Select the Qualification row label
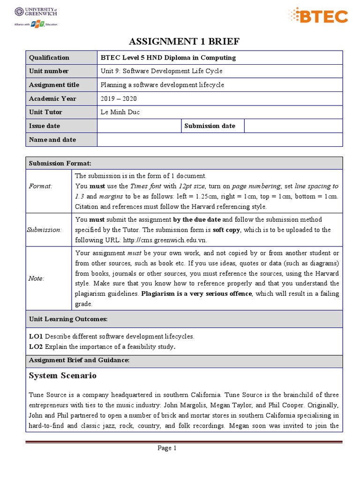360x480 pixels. [49, 58]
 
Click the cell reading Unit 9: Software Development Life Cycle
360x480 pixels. [162, 71]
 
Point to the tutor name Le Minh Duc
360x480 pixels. [120, 112]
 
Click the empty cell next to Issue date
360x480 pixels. [139, 126]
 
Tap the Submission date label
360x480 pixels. [210, 126]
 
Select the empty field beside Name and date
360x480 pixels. [219, 140]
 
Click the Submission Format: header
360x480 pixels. [60, 163]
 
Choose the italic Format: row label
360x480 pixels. [40, 186]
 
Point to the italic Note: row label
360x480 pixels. [37, 278]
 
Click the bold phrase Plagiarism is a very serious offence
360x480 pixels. [197, 293]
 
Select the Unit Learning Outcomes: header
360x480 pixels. [68, 319]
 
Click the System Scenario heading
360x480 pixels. [62, 375]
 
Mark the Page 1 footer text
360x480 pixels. [167, 448]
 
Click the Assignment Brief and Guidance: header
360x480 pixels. [79, 360]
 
